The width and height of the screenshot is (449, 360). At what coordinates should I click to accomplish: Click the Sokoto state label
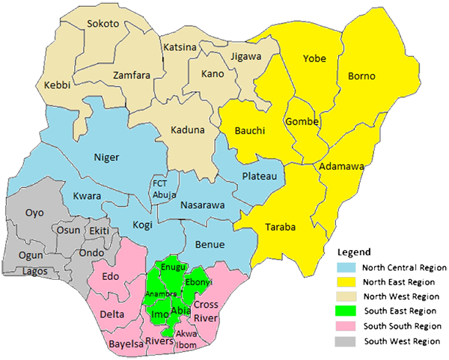click(103, 24)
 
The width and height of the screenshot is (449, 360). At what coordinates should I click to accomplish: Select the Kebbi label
click(58, 85)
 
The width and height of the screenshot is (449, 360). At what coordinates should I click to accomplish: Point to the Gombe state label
click(302, 122)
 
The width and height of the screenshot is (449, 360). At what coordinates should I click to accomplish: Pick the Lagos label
click(35, 270)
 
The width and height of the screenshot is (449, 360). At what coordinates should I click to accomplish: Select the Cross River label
click(205, 311)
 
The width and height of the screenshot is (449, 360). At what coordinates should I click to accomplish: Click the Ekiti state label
click(99, 231)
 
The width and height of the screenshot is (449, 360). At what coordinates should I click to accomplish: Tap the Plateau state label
click(260, 176)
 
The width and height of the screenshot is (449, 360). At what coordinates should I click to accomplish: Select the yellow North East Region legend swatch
click(342, 281)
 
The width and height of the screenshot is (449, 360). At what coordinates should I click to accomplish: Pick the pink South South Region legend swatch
click(342, 326)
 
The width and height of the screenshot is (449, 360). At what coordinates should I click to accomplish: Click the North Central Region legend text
click(404, 267)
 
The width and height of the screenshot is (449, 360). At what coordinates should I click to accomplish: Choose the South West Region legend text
click(401, 341)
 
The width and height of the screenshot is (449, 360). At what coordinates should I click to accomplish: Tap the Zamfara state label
click(132, 76)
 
